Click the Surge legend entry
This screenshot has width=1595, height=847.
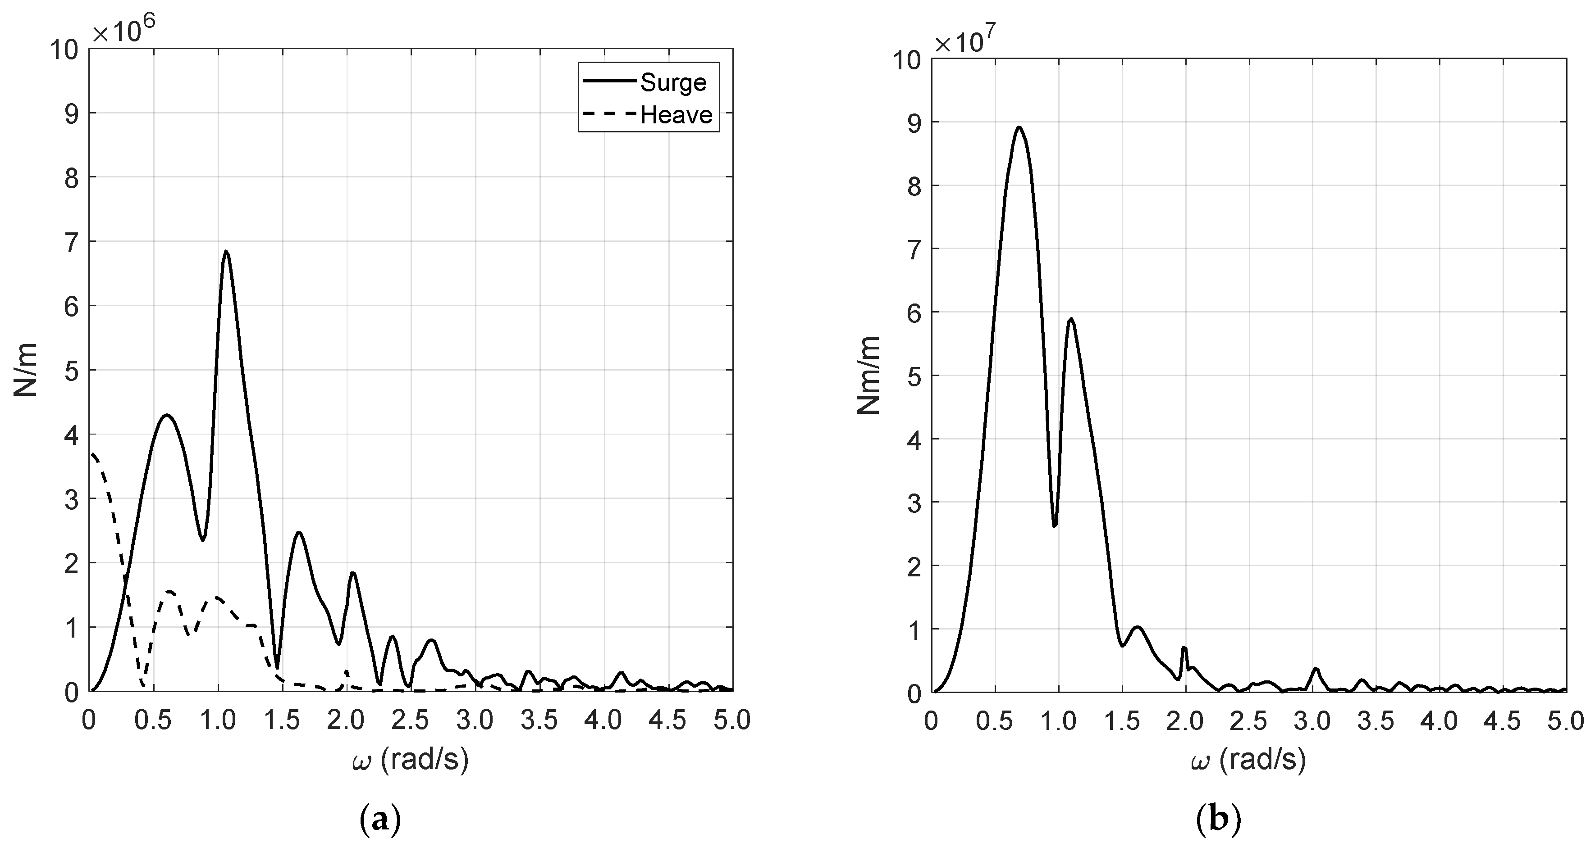pos(672,82)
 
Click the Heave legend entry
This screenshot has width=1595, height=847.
pos(676,115)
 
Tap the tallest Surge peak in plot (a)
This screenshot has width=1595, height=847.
pos(226,251)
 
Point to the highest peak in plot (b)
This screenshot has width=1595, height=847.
pos(1019,127)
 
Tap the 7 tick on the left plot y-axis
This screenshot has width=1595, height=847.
pos(72,242)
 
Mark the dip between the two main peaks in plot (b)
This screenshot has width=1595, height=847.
pos(1055,526)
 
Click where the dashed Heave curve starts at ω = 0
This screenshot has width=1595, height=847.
pos(91,453)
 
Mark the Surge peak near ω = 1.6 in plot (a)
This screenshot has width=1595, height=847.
pos(298,532)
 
